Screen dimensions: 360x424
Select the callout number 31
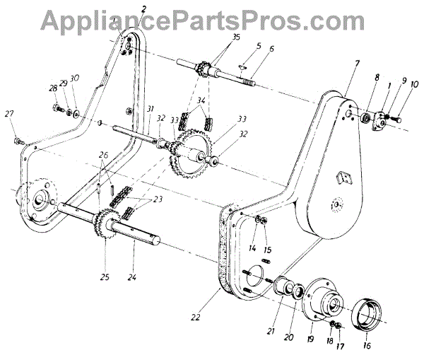[x=151, y=108]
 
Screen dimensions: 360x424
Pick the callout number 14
[x=252, y=247]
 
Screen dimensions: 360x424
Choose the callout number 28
[x=53, y=88]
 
